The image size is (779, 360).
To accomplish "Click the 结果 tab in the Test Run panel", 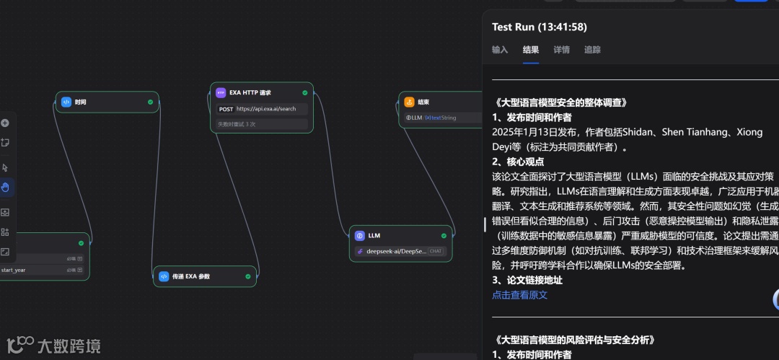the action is click(531, 50).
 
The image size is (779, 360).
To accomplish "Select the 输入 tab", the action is click(500, 50).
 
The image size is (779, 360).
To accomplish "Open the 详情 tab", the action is click(561, 50).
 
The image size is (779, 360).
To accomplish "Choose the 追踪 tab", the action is click(592, 50).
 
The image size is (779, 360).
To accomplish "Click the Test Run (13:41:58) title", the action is click(539, 27).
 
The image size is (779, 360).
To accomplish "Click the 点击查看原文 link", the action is click(519, 295).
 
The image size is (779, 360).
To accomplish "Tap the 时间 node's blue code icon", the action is click(66, 102).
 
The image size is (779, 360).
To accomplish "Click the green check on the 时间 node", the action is click(151, 102).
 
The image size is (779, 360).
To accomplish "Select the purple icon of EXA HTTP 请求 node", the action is click(221, 93).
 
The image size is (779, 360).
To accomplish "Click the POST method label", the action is click(226, 109).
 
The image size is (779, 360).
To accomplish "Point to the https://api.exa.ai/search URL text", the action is click(266, 109).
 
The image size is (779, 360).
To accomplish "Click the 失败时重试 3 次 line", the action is click(237, 124).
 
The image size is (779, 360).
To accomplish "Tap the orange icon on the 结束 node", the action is click(409, 102).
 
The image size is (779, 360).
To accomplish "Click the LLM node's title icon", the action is click(359, 236).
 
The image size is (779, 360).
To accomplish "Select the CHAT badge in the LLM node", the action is click(436, 251).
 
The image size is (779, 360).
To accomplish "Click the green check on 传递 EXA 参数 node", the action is click(247, 276).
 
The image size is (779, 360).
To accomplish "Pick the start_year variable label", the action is click(14, 270).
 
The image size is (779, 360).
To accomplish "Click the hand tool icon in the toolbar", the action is click(6, 188).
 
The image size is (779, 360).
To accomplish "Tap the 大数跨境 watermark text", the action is click(69, 346).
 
